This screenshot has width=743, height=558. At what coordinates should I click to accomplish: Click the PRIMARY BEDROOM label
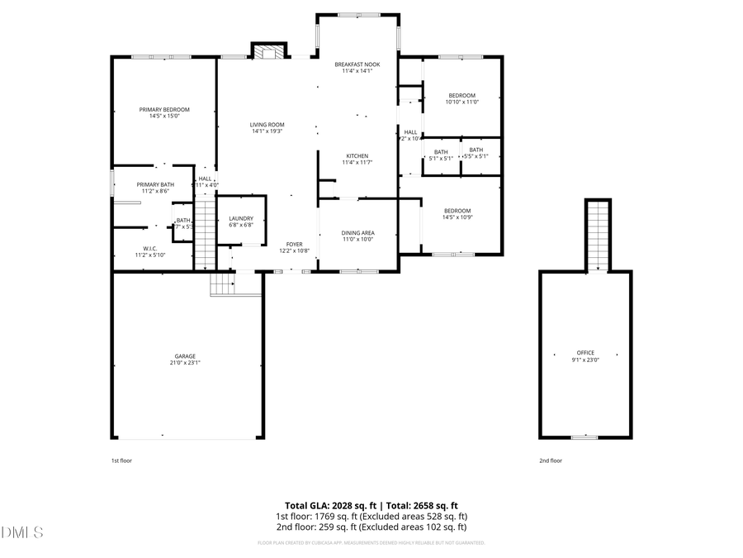tap(164, 110)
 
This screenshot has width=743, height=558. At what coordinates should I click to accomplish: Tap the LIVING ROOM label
tap(267, 125)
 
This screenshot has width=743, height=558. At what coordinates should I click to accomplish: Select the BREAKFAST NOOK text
tap(357, 64)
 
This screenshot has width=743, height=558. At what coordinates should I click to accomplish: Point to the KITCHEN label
tap(357, 156)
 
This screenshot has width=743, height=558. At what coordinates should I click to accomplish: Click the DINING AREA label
tap(357, 233)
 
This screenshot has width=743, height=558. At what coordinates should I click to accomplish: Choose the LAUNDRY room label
tap(241, 218)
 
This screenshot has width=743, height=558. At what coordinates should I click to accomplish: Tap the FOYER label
tap(294, 244)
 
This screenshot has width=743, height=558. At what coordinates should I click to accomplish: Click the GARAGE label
tap(185, 356)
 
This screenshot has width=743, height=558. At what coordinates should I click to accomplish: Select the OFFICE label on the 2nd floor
tap(584, 353)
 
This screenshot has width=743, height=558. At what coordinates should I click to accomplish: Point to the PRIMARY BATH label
tap(155, 184)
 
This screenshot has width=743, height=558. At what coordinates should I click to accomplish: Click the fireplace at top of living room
tap(267, 52)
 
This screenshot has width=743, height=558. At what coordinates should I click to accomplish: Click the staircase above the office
tap(597, 236)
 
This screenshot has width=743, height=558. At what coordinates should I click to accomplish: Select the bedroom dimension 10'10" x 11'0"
tap(461, 102)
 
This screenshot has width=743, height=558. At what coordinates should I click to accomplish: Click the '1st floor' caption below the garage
tap(121, 460)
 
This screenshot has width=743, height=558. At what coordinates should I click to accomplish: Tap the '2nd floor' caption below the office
tap(550, 460)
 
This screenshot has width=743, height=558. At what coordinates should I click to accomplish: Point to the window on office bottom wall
tap(584, 436)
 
